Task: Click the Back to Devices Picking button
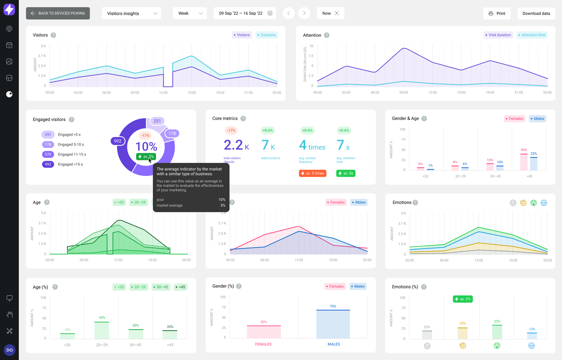58,13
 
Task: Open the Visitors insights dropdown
132,13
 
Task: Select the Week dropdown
190,13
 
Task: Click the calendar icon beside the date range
270,13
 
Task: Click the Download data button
536,13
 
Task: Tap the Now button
330,13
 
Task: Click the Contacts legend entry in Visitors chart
267,35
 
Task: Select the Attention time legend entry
532,35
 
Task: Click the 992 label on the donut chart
118,141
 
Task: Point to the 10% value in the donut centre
146,146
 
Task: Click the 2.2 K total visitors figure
236,145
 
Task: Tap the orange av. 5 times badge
312,173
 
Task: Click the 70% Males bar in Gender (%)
333,324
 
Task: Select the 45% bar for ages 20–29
102,330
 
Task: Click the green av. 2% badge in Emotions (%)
462,299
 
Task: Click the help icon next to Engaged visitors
71,119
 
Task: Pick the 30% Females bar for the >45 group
524,162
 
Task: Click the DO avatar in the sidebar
10,350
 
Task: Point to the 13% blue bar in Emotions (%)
532,336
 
